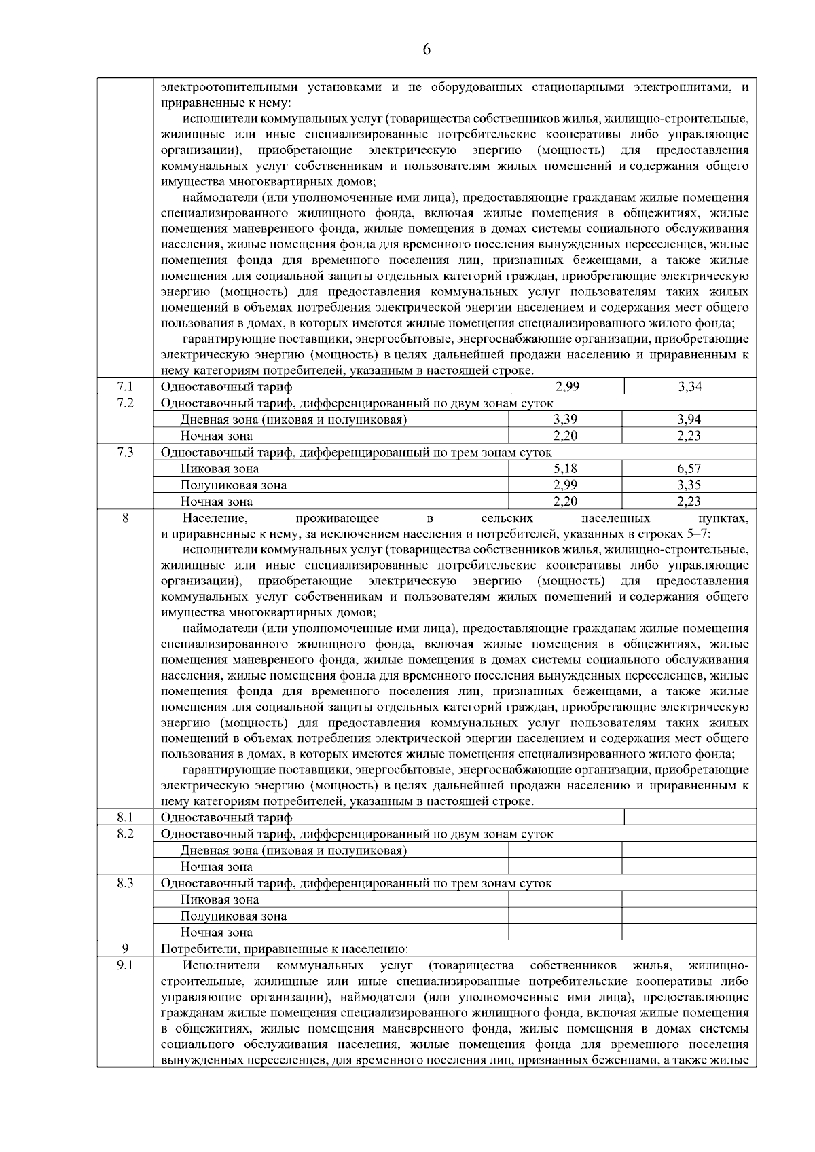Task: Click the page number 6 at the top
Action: click(427, 50)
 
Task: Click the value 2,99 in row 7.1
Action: click(566, 387)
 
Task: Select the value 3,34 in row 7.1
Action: click(689, 387)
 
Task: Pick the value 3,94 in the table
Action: click(689, 420)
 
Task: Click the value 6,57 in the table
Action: click(689, 469)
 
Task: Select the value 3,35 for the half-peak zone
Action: click(689, 485)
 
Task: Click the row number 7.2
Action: click(125, 403)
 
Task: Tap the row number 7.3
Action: click(125, 453)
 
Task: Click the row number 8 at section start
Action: click(125, 519)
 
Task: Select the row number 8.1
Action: click(125, 817)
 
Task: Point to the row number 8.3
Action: click(125, 883)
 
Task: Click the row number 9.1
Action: click(125, 965)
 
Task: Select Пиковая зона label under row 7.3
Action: click(219, 469)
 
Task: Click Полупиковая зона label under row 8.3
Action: click(233, 916)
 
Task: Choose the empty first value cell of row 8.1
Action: click(566, 817)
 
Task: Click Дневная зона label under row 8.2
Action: click(293, 851)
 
